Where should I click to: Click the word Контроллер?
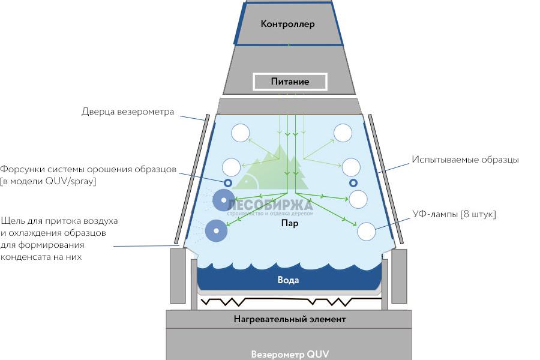(x=287, y=25)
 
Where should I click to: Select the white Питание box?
(x=290, y=82)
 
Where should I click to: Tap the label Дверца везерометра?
(x=128, y=112)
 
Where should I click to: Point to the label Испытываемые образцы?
(x=465, y=160)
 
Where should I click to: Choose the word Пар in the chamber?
(x=290, y=223)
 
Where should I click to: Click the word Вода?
(x=288, y=280)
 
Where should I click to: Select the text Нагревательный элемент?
(x=290, y=319)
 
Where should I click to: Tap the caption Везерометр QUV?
(x=290, y=353)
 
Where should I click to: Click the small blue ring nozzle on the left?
(x=228, y=182)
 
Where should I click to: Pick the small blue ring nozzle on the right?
(x=353, y=182)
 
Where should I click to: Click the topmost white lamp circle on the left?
(x=241, y=133)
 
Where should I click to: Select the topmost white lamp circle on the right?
(x=343, y=133)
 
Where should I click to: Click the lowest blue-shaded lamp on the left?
(x=216, y=230)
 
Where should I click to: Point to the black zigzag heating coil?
(x=290, y=301)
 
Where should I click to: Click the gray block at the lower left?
(x=179, y=276)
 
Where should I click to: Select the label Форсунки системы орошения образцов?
(x=89, y=169)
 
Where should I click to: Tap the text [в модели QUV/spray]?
(x=49, y=181)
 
